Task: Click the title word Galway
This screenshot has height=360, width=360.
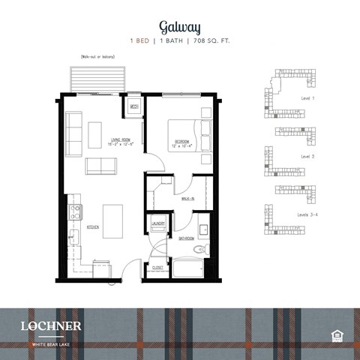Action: click(180, 28)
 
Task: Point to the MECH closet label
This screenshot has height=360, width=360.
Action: click(133, 107)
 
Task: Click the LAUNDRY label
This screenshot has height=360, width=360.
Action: click(158, 223)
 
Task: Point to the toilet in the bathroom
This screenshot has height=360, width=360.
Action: click(199, 249)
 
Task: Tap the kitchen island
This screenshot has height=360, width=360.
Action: click(112, 220)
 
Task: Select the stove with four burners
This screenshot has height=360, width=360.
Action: click(75, 212)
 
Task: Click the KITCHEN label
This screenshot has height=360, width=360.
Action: click(93, 226)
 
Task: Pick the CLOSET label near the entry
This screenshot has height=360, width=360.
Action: click(157, 267)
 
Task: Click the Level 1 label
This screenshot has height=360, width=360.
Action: click(307, 99)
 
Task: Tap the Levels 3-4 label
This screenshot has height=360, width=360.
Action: click(310, 215)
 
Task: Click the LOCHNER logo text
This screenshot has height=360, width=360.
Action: click(50, 325)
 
